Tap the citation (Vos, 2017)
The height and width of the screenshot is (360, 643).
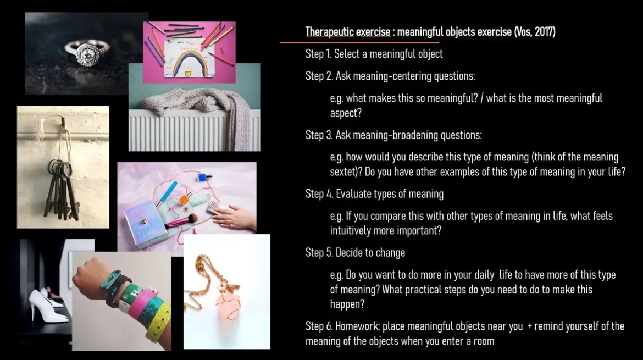[535, 31]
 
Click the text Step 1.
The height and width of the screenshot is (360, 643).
[318, 54]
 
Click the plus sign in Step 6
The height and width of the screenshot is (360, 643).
[529, 327]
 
